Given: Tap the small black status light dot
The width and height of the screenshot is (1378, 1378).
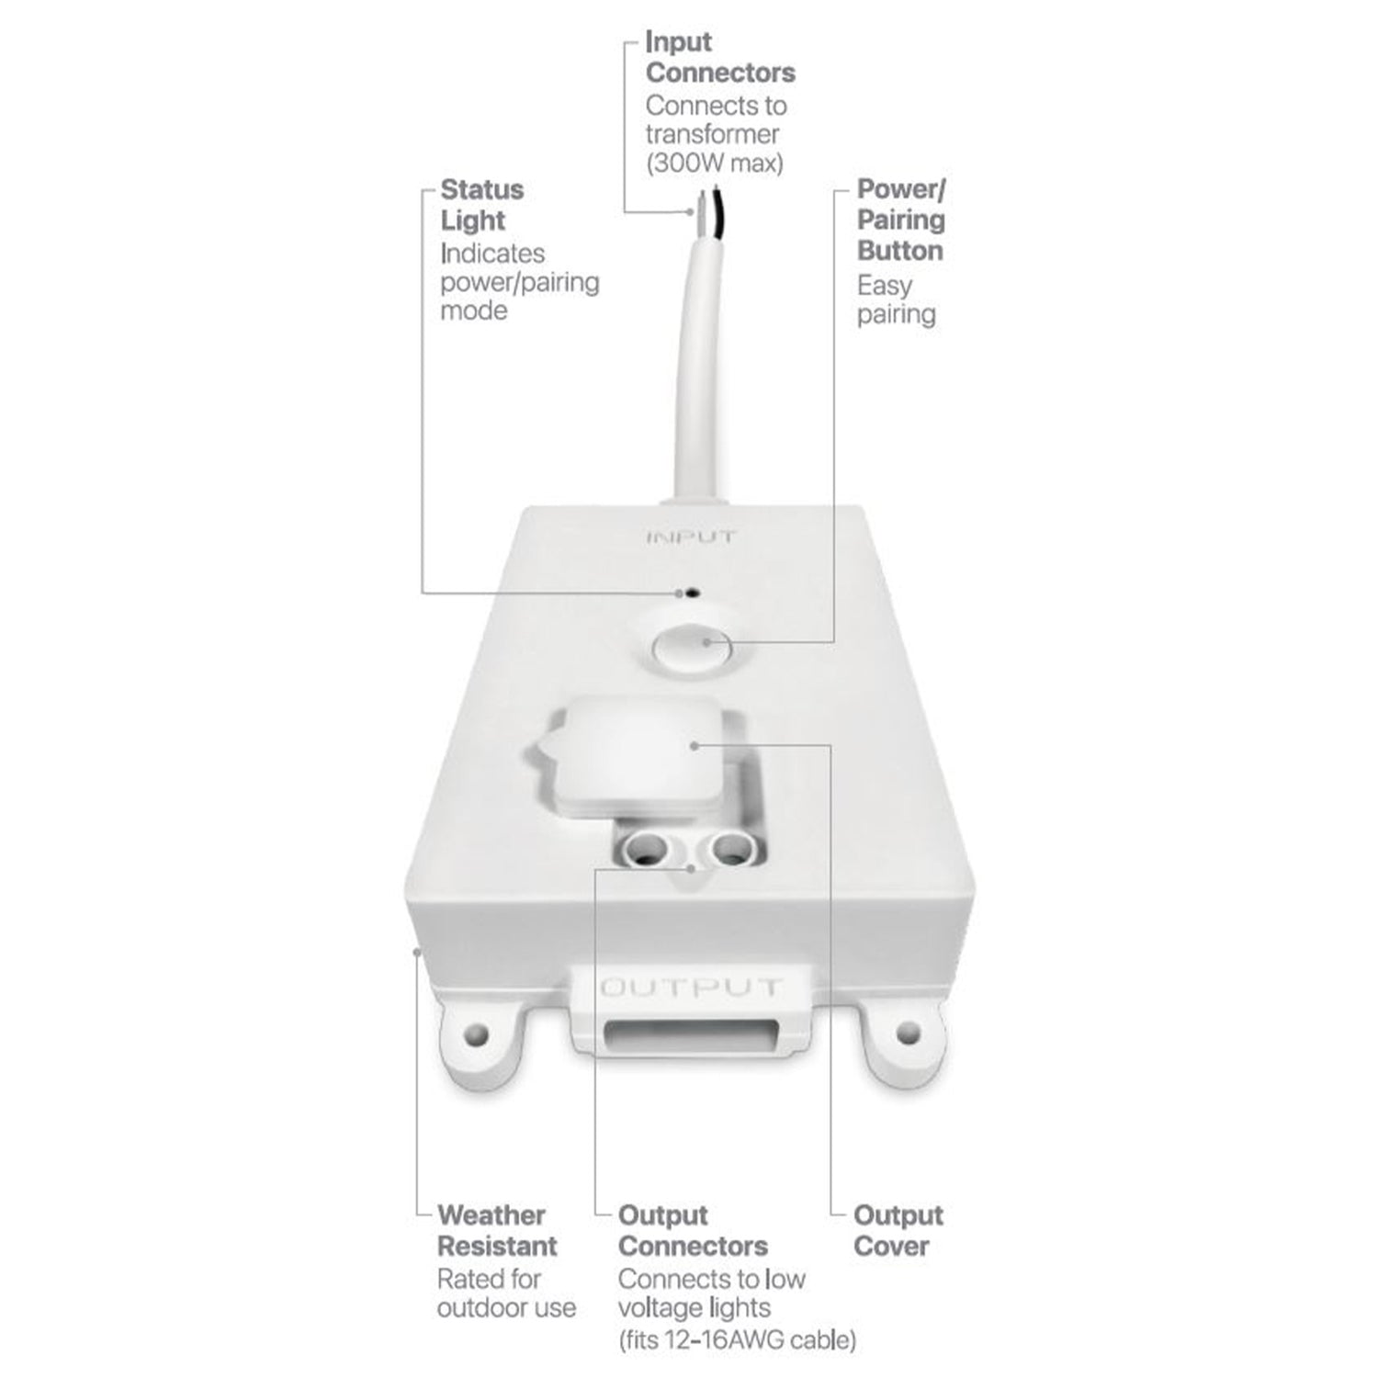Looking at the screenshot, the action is [691, 593].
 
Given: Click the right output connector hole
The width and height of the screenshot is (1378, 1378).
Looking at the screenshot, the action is [730, 846].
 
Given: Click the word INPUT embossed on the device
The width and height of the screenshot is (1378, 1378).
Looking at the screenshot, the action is [691, 537].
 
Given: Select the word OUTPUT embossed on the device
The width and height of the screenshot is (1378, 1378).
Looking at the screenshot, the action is [690, 988].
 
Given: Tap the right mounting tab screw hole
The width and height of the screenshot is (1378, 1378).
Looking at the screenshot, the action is [908, 1032].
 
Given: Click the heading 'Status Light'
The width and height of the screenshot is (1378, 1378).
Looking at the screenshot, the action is [481, 205].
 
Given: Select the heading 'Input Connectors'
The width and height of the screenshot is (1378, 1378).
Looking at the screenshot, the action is [719, 57].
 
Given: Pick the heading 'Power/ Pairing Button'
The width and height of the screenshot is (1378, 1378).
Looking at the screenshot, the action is [900, 220].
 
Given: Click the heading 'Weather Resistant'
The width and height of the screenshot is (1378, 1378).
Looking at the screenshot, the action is [496, 1230].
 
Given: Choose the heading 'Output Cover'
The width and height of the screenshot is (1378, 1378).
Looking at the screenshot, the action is [898, 1230].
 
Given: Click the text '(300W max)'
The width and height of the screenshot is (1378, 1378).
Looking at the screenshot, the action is [714, 164].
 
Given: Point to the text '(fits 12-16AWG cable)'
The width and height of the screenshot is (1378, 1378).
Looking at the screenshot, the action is [737, 1339].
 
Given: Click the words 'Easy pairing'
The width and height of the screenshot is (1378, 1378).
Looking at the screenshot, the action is [896, 299].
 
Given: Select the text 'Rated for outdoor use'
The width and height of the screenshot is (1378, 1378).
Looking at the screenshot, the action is [506, 1293].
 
